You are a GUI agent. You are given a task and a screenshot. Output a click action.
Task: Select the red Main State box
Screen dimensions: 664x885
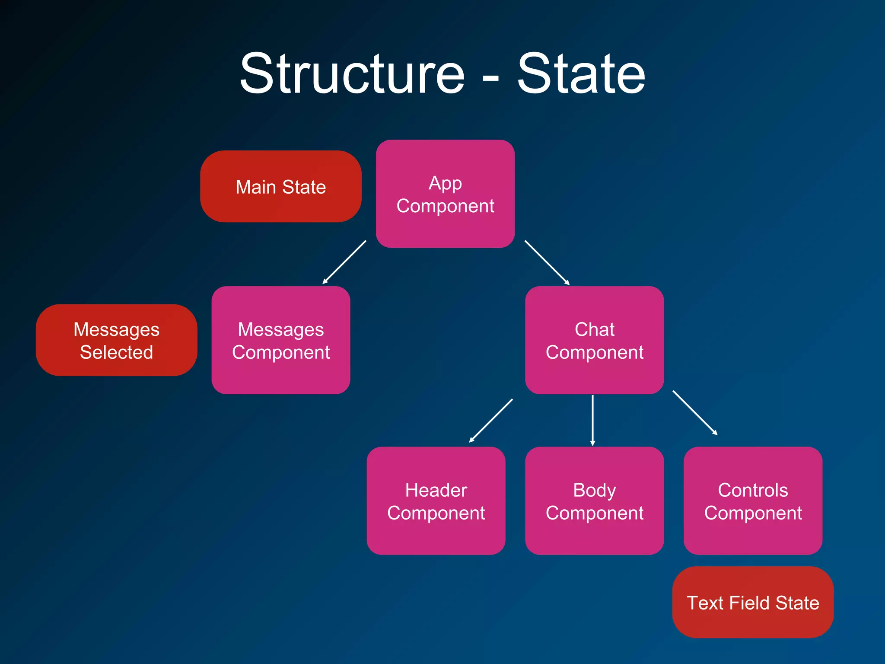click(281, 186)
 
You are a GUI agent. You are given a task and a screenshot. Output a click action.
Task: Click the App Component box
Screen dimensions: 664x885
click(445, 194)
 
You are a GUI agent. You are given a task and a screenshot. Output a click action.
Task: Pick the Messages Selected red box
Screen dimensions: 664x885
click(116, 340)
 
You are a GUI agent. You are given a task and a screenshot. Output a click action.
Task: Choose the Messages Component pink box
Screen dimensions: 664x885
click(281, 340)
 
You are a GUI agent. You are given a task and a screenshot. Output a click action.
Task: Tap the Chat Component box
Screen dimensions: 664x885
click(594, 340)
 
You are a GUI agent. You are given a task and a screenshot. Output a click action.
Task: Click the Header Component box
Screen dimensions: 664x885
click(436, 501)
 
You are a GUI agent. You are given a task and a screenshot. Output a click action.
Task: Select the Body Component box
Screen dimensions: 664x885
click(594, 501)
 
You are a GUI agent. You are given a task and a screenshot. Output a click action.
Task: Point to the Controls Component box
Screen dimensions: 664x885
click(753, 501)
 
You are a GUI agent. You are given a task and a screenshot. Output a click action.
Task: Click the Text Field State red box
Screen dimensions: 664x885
click(753, 602)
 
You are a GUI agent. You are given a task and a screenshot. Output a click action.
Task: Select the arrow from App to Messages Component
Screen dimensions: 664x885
click(344, 262)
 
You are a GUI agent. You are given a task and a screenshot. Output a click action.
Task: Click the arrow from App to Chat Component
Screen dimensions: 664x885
click(547, 262)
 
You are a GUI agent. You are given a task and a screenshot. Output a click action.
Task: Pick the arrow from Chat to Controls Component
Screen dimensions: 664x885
click(695, 412)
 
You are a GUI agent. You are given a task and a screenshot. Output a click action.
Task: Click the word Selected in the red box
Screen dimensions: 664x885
click(116, 352)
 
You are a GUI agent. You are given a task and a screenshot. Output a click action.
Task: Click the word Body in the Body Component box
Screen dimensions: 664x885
click(594, 490)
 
